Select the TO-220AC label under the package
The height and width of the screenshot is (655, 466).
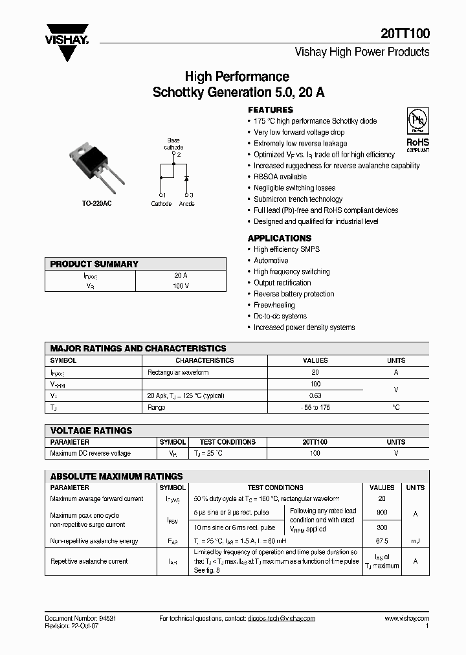94,204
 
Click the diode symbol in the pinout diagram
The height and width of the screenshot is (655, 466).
186,177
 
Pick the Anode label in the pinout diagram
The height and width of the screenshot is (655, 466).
186,204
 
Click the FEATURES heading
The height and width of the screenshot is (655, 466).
271,110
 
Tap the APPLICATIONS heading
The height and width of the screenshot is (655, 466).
280,238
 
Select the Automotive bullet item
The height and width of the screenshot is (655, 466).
271,260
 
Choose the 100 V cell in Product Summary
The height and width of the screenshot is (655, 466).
181,286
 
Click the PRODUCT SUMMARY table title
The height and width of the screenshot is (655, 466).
94,264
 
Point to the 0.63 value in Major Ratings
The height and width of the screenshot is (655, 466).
315,395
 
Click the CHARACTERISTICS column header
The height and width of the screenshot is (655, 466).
205,361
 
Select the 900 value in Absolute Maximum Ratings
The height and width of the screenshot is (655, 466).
381,511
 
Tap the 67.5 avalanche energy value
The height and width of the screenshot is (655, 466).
381,541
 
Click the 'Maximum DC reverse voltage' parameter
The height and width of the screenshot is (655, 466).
90,454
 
